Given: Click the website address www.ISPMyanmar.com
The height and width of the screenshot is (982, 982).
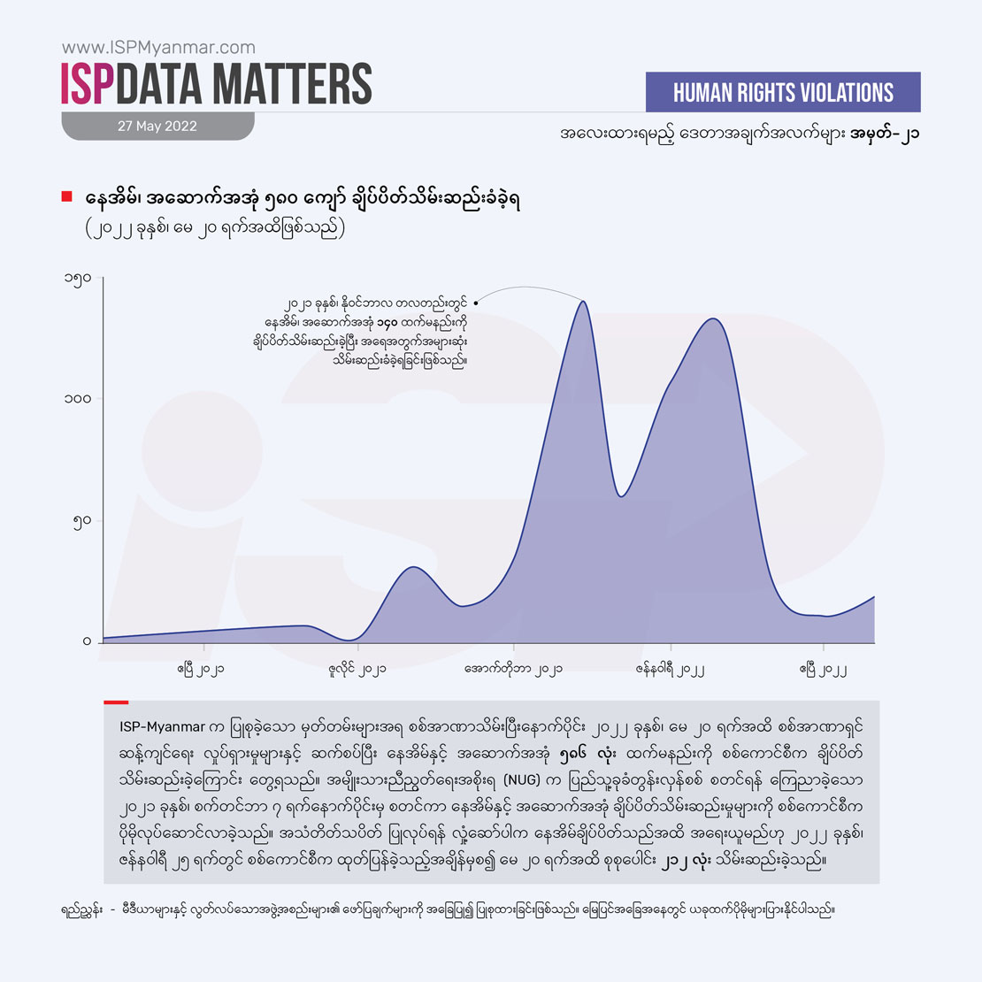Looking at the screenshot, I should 158,48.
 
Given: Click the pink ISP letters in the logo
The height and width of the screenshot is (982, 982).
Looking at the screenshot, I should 88,84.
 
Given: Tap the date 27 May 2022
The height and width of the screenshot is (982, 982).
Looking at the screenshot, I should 157,127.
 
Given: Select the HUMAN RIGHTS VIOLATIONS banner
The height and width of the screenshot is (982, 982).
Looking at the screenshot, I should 783,92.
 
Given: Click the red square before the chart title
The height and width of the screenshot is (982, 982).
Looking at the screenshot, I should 66,196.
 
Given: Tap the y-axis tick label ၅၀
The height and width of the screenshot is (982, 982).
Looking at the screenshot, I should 82,521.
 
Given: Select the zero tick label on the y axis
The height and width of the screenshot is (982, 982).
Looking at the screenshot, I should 87,641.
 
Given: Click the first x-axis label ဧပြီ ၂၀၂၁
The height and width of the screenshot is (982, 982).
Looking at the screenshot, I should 200,670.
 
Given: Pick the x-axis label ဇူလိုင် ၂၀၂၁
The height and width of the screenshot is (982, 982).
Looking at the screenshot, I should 357,670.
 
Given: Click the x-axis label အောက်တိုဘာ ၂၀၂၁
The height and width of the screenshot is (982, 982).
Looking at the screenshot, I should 513,670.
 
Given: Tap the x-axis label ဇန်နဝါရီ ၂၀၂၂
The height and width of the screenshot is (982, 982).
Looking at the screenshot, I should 669,670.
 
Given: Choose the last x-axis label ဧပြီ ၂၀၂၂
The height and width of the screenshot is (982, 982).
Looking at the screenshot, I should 823,670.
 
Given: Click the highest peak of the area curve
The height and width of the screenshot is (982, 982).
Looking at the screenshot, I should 583,303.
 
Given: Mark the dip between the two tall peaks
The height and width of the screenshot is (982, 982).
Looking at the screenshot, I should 622,496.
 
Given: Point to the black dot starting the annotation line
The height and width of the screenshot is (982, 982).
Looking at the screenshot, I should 476,303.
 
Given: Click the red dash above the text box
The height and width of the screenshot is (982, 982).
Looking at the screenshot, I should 116,702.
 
